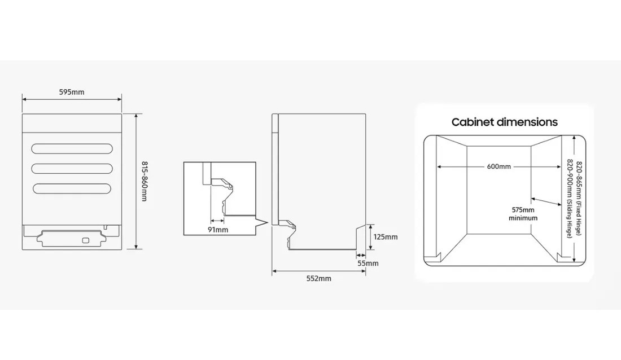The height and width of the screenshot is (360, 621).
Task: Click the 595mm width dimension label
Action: (72, 92)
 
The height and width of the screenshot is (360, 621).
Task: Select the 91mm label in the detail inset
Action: (217, 230)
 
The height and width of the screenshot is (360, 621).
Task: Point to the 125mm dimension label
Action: (386, 237)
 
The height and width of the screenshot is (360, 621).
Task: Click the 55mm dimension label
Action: (368, 263)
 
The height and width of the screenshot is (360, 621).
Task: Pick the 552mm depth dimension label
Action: (319, 279)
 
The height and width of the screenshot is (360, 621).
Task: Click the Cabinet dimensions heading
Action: (504, 122)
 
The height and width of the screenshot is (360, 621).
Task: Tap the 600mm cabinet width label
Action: (498, 166)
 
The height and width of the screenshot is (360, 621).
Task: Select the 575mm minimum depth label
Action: (523, 213)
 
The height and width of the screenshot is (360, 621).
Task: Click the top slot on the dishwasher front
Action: (72, 148)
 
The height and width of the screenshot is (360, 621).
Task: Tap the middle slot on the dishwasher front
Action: (72, 168)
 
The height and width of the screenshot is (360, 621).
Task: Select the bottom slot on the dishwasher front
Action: (72, 188)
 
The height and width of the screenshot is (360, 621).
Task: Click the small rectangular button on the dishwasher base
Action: (85, 240)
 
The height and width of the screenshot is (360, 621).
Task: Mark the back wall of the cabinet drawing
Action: (498, 189)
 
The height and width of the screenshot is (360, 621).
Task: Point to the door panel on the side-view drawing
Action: (275, 169)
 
